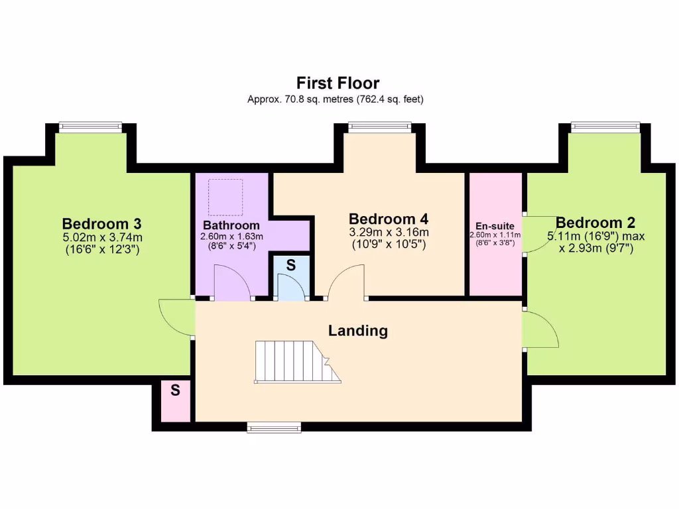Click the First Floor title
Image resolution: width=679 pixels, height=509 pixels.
(338, 83)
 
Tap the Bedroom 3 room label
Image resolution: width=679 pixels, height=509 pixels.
(101, 223)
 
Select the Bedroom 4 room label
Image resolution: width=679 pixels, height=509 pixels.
(389, 219)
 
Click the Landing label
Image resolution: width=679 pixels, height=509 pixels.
(358, 330)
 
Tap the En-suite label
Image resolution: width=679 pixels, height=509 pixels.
(495, 225)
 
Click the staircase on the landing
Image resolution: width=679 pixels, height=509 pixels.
(295, 362)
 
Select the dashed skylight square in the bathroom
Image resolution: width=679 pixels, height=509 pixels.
(225, 197)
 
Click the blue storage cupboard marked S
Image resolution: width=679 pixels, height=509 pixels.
(290, 278)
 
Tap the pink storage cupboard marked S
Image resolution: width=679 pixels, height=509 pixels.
(176, 400)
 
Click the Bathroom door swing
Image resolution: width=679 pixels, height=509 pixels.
(232, 282)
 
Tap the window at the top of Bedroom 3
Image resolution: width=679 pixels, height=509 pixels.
(90, 127)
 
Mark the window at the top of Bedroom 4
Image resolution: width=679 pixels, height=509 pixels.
(380, 127)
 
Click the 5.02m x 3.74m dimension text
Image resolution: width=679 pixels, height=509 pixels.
(101, 237)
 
